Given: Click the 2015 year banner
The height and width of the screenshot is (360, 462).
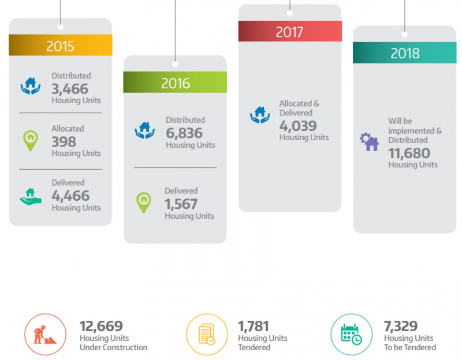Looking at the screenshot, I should pos(60,46).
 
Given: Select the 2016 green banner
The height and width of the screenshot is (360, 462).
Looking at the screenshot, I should pos(175,82).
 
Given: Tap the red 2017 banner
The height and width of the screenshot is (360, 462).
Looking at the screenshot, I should pos(289,31).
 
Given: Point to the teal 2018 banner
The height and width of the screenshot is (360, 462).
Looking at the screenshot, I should pos(404,53).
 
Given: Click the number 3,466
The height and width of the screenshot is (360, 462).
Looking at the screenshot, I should pos(70,88).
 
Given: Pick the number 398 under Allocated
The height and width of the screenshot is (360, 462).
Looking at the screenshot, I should pos(64,141).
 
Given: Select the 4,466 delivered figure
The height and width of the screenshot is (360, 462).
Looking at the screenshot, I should pos(70,196).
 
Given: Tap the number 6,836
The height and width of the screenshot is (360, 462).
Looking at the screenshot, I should pos(184,133).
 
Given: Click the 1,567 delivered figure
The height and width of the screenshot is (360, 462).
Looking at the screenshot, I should pos(181,204).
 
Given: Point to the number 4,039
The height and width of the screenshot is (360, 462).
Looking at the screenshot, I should pos(298,126).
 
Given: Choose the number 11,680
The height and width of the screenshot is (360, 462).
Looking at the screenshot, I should pos(409,153).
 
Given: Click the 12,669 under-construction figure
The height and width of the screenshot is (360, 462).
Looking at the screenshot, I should pos(101,327).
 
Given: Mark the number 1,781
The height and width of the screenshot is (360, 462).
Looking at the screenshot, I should pos(254,327).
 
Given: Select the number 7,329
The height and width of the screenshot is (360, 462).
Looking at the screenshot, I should pos(401,327).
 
